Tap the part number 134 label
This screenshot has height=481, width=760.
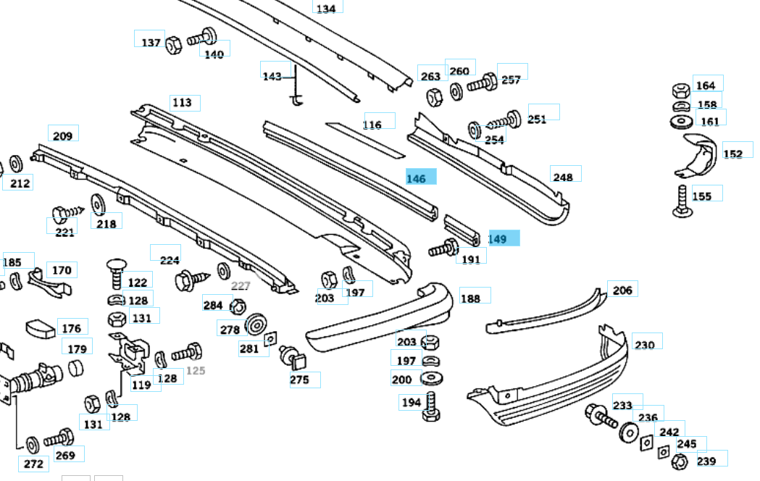click(x=326, y=8)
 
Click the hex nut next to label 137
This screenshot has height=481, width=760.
click(x=174, y=46)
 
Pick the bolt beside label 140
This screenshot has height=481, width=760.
click(x=202, y=37)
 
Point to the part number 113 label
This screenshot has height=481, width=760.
click(x=183, y=102)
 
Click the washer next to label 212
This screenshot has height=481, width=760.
click(x=16, y=164)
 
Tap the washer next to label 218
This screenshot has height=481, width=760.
click(x=98, y=204)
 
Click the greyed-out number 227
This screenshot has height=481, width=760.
click(x=241, y=286)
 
